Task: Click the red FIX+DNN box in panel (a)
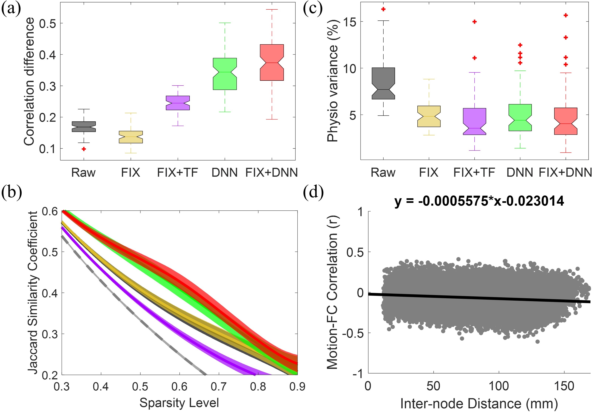(272, 63)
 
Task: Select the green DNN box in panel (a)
(225, 74)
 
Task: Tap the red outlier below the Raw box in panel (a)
(84, 149)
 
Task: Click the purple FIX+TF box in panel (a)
(178, 103)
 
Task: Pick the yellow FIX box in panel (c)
(429, 116)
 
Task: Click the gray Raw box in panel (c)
(383, 83)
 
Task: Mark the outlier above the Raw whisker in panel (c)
(383, 9)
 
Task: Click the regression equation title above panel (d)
(479, 201)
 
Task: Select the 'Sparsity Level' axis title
(179, 403)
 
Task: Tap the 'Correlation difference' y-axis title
(29, 81)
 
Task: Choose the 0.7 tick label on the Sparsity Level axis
(219, 386)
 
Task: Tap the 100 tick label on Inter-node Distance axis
(499, 386)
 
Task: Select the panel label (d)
(313, 192)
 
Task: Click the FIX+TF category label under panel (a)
(178, 172)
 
